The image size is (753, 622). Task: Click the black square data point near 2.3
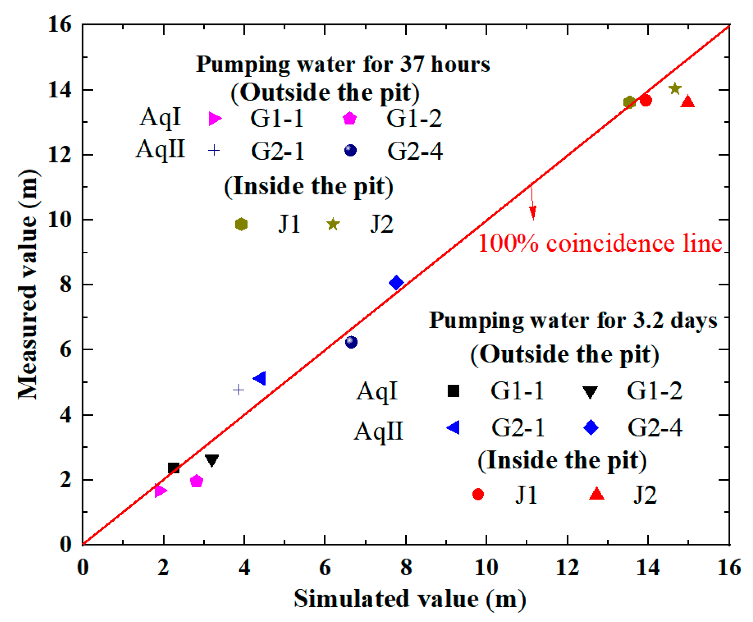tap(173, 468)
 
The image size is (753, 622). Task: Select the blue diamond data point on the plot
tap(396, 283)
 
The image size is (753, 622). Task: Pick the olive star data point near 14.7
tap(675, 89)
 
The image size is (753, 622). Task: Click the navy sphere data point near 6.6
tap(351, 342)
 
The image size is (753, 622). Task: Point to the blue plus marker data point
tap(239, 389)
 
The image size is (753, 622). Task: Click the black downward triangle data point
tap(212, 460)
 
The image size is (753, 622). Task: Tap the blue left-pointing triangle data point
tap(260, 378)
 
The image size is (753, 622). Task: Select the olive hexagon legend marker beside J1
tap(241, 224)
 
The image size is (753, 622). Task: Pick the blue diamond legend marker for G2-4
tap(591, 427)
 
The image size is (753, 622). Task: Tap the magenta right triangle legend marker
tap(215, 119)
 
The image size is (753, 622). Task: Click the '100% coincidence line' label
tap(600, 244)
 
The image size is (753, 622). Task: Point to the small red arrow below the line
tap(533, 204)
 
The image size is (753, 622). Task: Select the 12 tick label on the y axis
tap(60, 155)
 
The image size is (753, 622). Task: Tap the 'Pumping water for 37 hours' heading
tap(343, 65)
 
